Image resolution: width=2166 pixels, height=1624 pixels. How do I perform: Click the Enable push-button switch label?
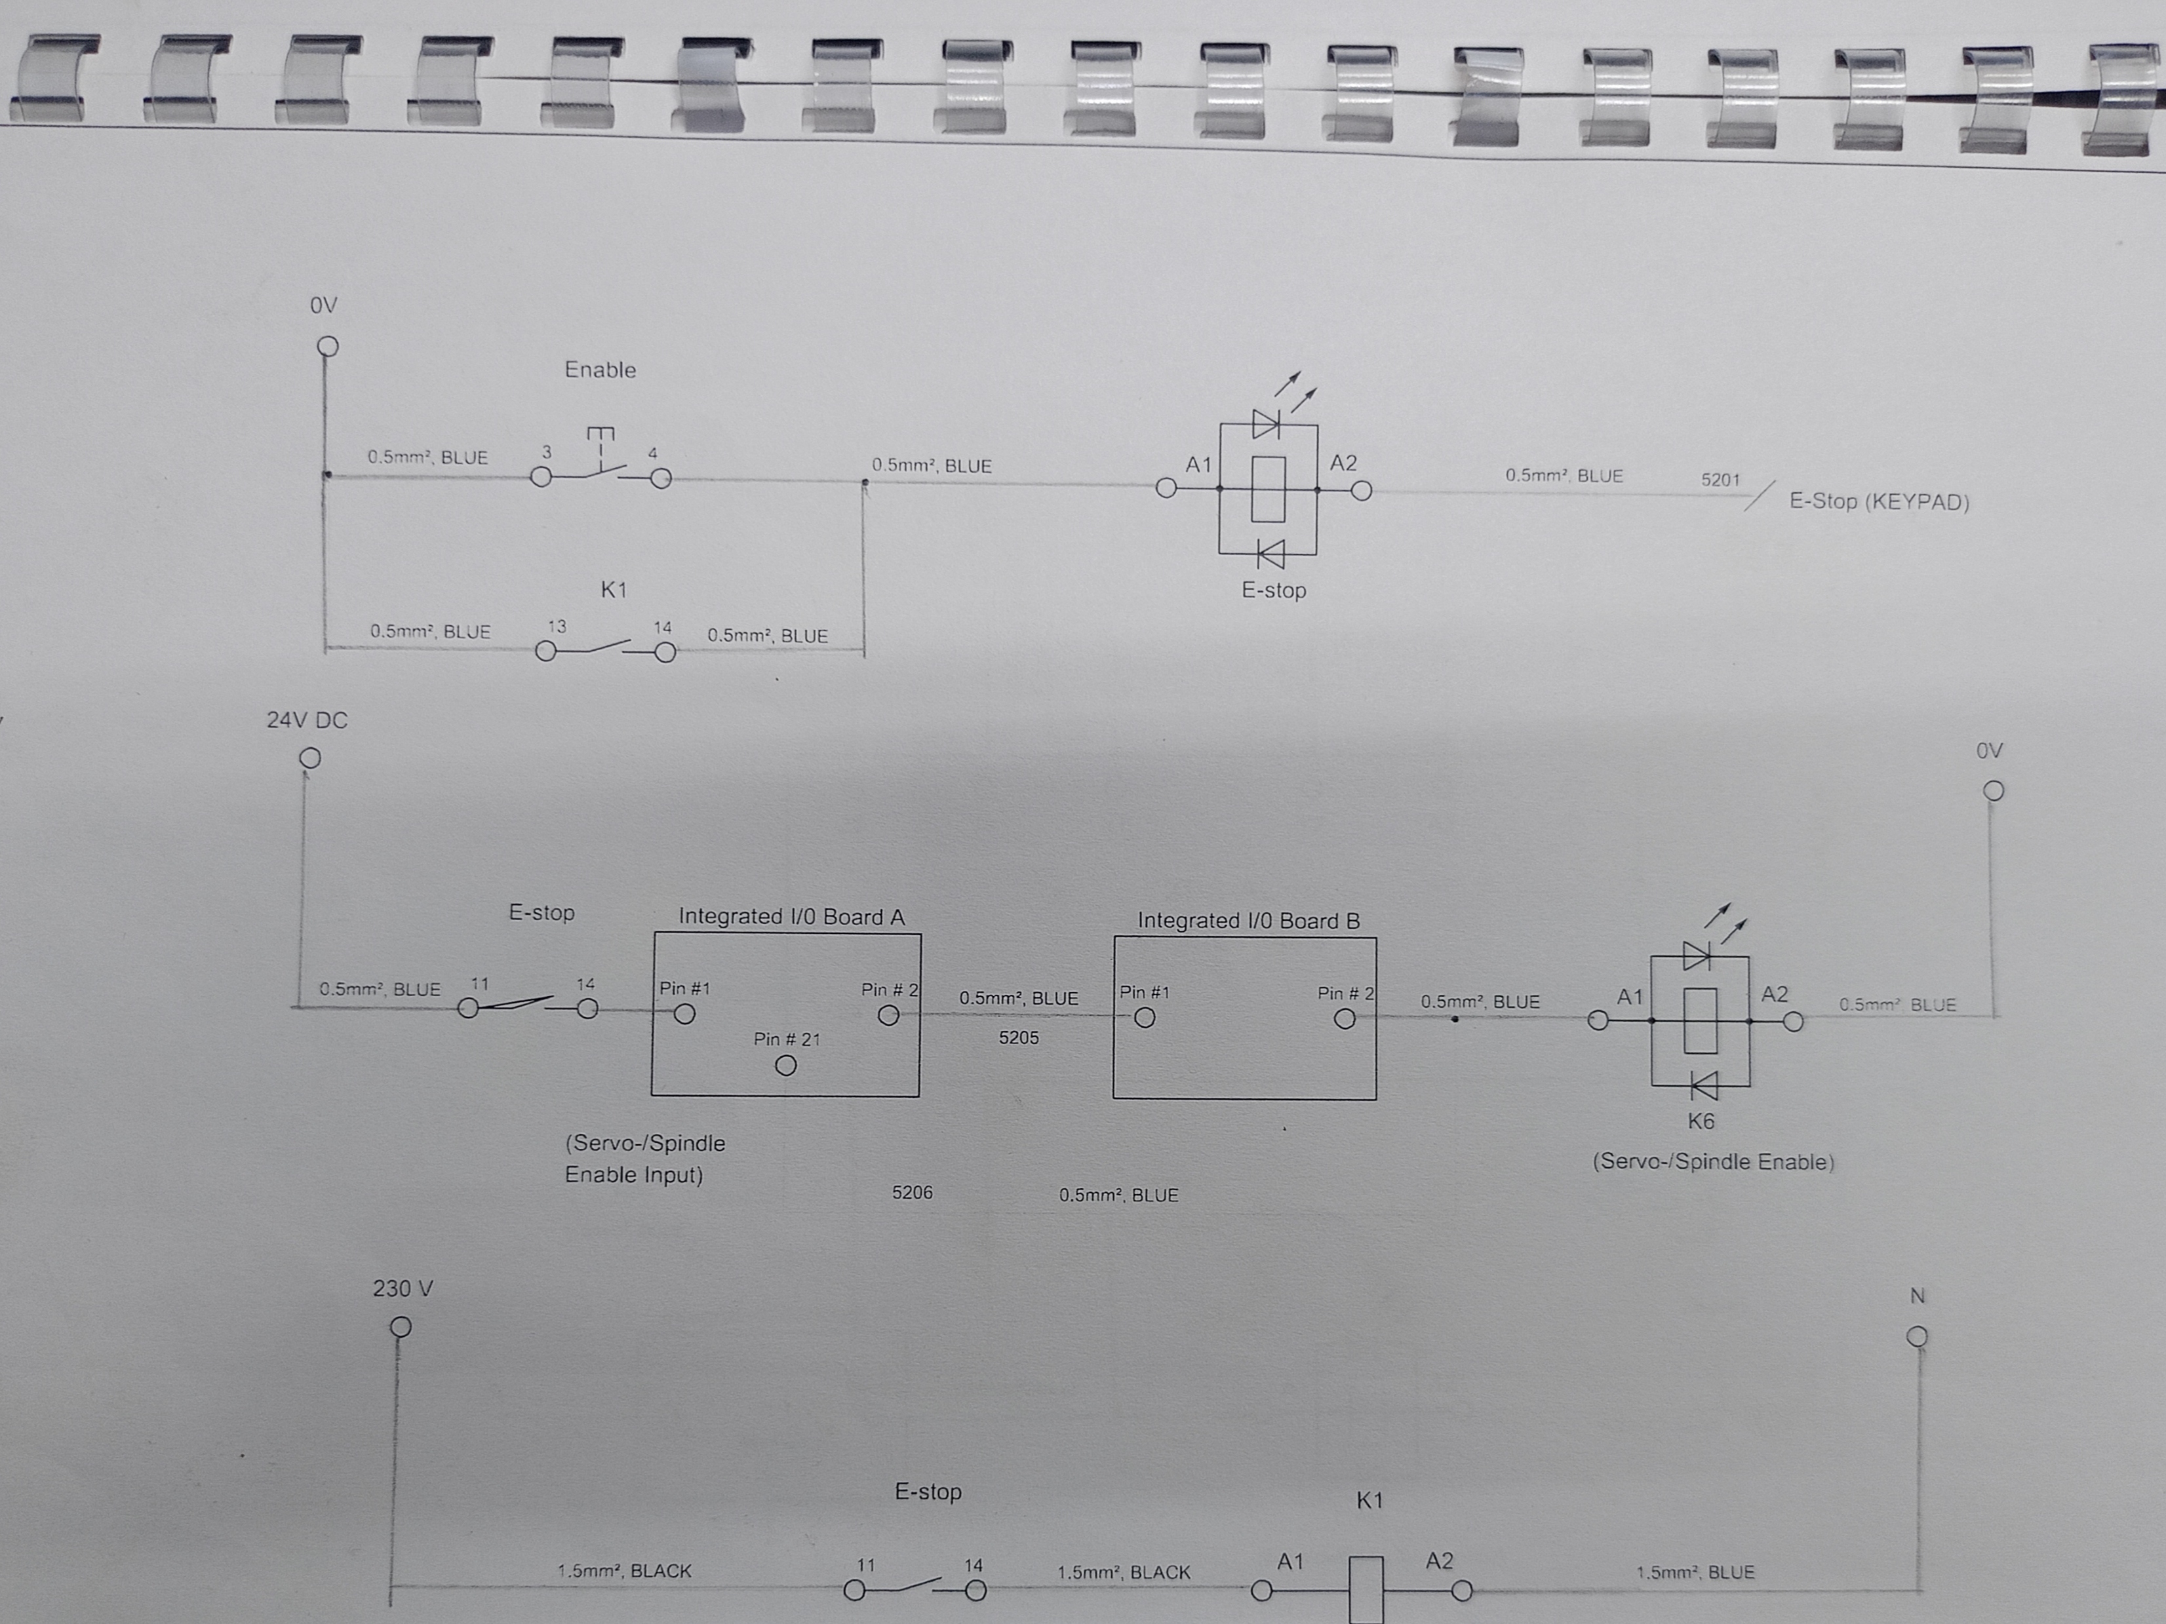coord(601,370)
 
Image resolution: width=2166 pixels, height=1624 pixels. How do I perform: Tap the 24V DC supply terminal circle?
coord(309,758)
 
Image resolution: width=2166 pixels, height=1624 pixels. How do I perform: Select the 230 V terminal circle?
coord(401,1326)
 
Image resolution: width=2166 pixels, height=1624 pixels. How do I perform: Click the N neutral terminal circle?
coord(1918,1336)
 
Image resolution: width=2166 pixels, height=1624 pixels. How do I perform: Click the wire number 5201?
coord(1720,480)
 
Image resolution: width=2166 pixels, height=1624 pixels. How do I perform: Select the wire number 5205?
coord(1018,1037)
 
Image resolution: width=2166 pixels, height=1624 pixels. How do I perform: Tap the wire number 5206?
coord(912,1192)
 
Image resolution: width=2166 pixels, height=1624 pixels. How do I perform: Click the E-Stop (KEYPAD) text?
coord(1879,501)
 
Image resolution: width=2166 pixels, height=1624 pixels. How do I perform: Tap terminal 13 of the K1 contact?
coord(546,651)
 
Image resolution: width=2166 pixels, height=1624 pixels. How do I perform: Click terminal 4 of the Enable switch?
coord(662,478)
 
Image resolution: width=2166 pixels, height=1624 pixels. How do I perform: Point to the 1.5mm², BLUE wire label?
coord(1695,1572)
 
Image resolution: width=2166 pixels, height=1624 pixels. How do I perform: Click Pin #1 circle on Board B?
coord(1144,1018)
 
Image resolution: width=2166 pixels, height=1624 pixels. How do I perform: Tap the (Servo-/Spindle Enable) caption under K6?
coord(1712,1162)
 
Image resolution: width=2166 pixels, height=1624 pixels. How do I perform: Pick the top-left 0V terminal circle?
coord(328,347)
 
